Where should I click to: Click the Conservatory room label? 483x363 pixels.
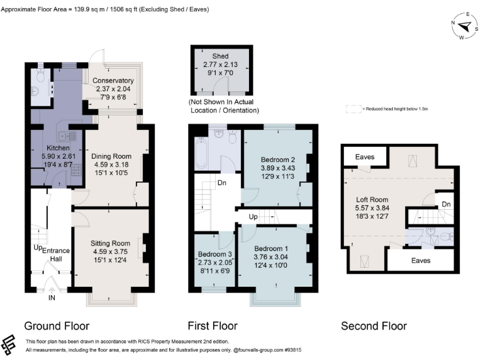[113, 81]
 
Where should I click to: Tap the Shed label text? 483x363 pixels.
[220, 56]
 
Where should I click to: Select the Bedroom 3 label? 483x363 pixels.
[214, 254]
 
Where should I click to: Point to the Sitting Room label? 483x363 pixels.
[110, 243]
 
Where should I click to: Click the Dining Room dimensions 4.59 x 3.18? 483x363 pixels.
[111, 164]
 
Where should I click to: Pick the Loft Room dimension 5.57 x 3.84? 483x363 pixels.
[372, 208]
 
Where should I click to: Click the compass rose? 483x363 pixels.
[465, 26]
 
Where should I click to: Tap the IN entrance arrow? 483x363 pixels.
[52, 290]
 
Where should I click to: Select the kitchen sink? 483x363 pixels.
[67, 136]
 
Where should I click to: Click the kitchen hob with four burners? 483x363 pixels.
[76, 170]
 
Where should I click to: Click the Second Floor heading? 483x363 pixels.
[374, 326]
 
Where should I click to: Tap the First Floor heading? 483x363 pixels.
[213, 326]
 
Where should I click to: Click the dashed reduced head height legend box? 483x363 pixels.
[353, 109]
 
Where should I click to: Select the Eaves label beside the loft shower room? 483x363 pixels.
[421, 260]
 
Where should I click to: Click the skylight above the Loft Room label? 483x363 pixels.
[413, 161]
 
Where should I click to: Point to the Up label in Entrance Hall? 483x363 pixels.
[38, 248]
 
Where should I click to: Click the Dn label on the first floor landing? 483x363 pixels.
[222, 183]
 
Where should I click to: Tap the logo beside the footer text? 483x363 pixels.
[9, 345]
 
